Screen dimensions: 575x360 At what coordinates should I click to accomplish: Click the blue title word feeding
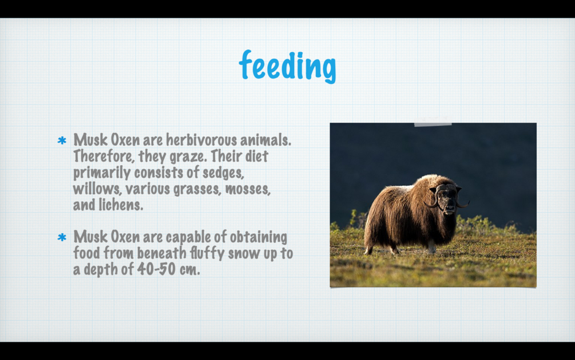(287, 66)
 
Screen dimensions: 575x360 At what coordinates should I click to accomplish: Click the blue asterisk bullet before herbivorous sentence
(62, 140)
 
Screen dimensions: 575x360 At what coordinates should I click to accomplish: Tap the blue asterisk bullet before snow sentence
(62, 238)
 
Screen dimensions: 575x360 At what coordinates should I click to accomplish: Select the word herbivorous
(201, 140)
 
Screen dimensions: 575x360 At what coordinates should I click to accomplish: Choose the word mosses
(248, 189)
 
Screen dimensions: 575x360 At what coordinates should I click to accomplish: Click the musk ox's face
(447, 200)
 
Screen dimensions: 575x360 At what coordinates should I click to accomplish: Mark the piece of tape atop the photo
(433, 124)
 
